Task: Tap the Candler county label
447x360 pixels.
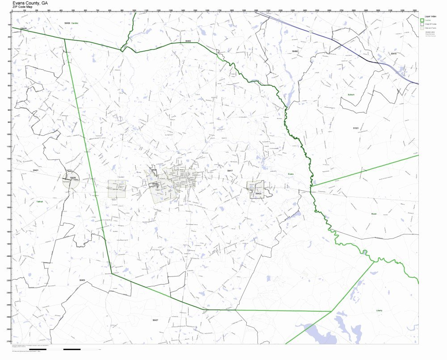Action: tap(75, 22)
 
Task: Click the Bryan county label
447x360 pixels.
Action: tap(374, 214)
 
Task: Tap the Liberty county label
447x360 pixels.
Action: tap(380, 310)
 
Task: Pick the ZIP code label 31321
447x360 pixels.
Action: tap(356, 128)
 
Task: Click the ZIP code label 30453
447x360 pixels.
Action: tap(82, 280)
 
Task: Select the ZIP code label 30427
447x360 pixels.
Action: tap(155, 320)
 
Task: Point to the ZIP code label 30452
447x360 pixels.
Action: tap(188, 41)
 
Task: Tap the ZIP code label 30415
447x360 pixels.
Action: tap(393, 54)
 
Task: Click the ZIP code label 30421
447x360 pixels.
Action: tap(36, 170)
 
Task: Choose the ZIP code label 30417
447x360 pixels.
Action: tap(230, 171)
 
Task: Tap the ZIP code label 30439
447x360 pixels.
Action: tap(67, 22)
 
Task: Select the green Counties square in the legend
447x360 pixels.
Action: tap(422, 20)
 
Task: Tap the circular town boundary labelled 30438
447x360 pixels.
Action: tap(71, 180)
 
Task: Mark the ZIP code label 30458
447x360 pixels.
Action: tap(294, 52)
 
